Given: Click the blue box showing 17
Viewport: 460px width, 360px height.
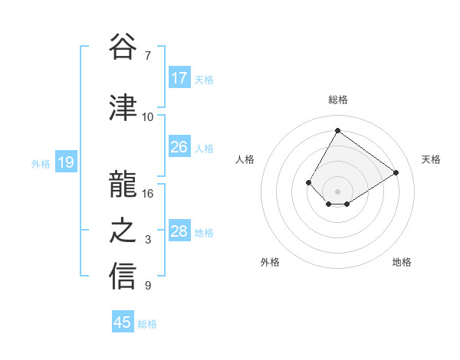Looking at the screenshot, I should (x=179, y=78).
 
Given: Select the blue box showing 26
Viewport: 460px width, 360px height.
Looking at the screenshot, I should (x=179, y=147).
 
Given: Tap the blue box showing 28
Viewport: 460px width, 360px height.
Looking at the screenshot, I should (x=179, y=231).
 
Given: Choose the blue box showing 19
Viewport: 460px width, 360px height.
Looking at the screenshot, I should (x=66, y=162).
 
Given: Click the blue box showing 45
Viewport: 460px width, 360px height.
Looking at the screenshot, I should (x=123, y=322).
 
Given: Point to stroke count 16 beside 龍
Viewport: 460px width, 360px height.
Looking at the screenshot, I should (x=148, y=194).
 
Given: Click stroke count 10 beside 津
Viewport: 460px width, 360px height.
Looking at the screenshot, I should (x=148, y=116).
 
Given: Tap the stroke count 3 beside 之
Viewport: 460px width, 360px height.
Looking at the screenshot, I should (x=148, y=240).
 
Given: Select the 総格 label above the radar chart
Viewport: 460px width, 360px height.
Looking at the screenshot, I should (x=337, y=100).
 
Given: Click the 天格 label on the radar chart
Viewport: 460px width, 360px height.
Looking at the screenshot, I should (x=431, y=159).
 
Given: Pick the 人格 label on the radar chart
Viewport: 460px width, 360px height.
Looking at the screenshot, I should (x=245, y=159).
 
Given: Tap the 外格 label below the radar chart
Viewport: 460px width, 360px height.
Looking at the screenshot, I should (x=270, y=262).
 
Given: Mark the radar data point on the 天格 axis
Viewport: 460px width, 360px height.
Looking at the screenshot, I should (x=396, y=172).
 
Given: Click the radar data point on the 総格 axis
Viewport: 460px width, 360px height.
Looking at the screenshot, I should (x=337, y=130).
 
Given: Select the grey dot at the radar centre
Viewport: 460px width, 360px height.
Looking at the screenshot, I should (x=337, y=191).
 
